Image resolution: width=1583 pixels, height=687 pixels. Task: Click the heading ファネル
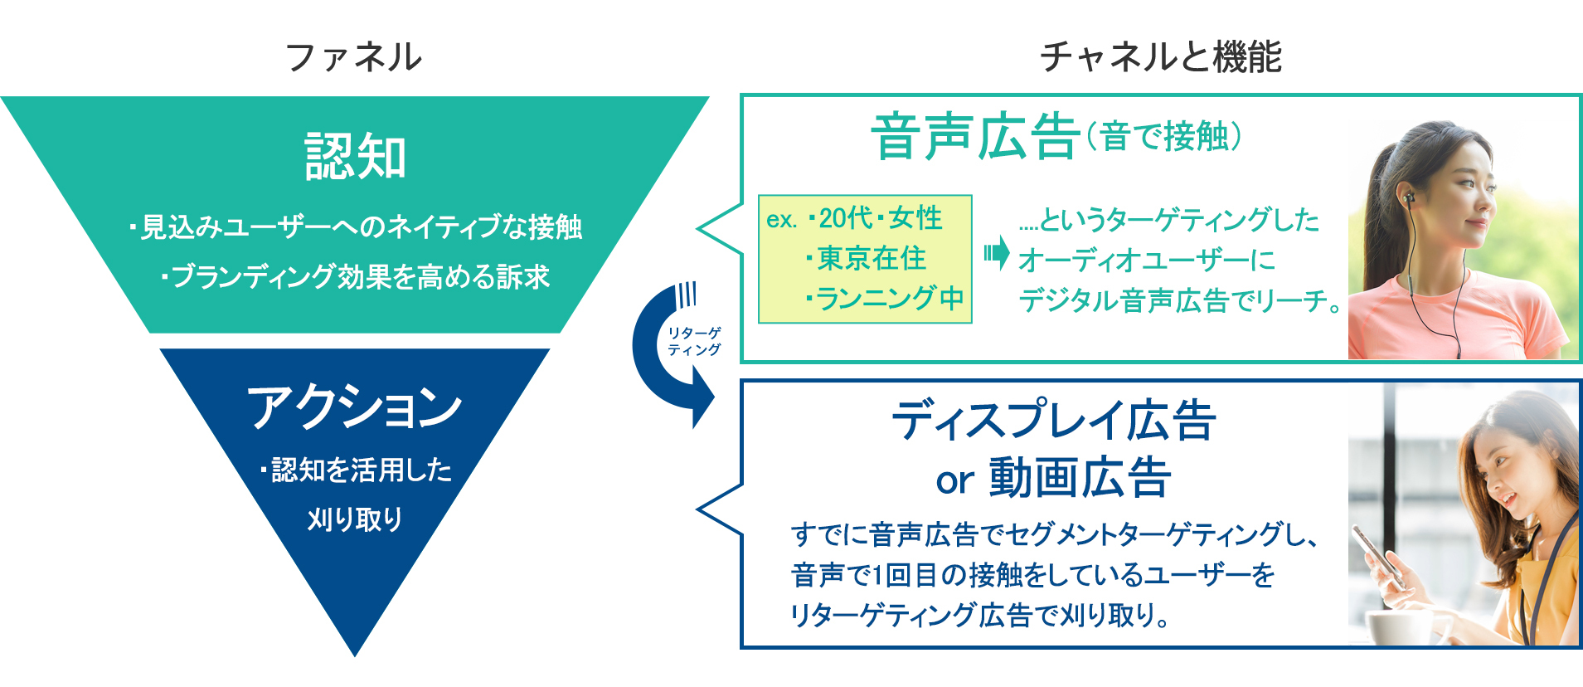pyautogui.click(x=354, y=57)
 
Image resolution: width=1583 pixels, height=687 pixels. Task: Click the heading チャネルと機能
pyautogui.click(x=1160, y=57)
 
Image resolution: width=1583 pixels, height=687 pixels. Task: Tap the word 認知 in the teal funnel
pyautogui.click(x=356, y=157)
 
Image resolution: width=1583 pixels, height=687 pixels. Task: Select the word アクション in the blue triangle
pyautogui.click(x=355, y=407)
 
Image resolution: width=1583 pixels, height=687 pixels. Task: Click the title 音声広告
pyautogui.click(x=975, y=138)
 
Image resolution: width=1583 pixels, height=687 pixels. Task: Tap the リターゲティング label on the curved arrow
pyautogui.click(x=694, y=341)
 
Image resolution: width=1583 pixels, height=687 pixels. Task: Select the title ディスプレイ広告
pyautogui.click(x=1054, y=421)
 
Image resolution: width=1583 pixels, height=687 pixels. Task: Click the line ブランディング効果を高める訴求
pyautogui.click(x=357, y=276)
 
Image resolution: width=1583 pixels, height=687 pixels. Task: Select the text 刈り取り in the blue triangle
pyautogui.click(x=355, y=519)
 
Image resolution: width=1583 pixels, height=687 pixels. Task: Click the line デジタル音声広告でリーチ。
pyautogui.click(x=1178, y=300)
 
